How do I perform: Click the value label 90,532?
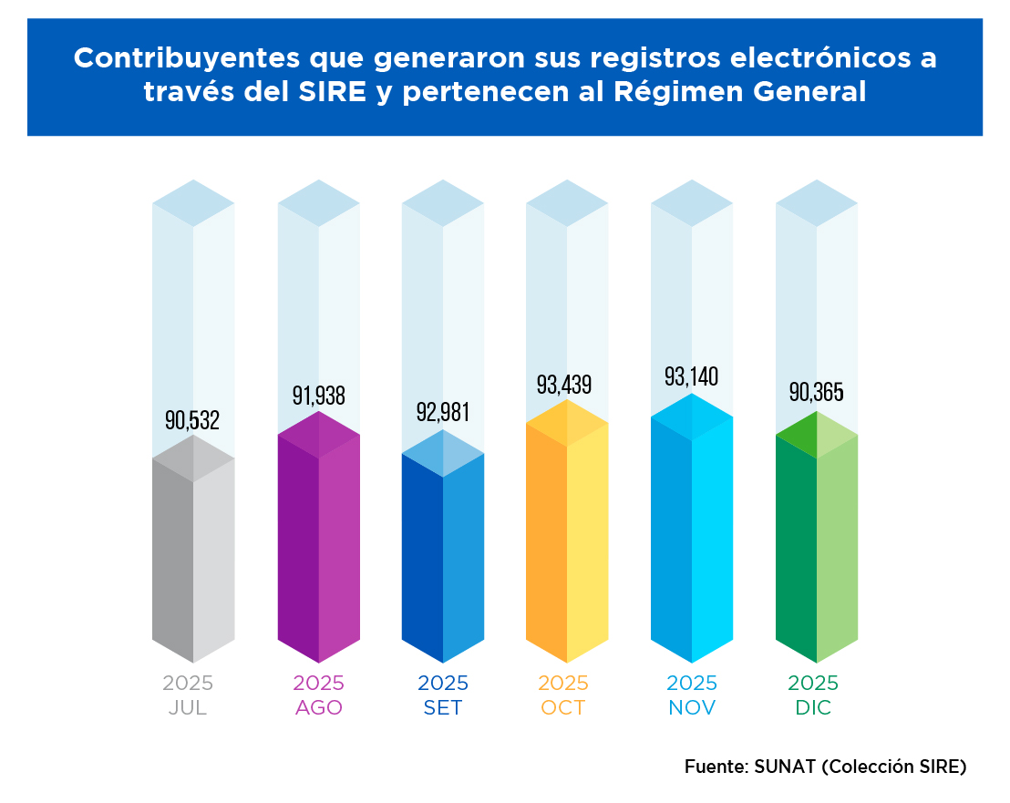point(192,420)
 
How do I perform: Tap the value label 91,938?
point(318,396)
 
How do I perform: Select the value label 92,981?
point(443,412)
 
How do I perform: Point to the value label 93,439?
point(564,385)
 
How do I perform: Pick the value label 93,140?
point(692,376)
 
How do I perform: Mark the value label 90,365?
point(816,393)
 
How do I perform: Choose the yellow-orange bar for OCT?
point(567,538)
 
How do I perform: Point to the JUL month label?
point(188,708)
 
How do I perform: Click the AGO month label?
point(318,708)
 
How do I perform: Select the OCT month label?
point(562,708)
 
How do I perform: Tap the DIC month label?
point(813,708)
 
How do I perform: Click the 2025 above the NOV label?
point(692,684)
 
